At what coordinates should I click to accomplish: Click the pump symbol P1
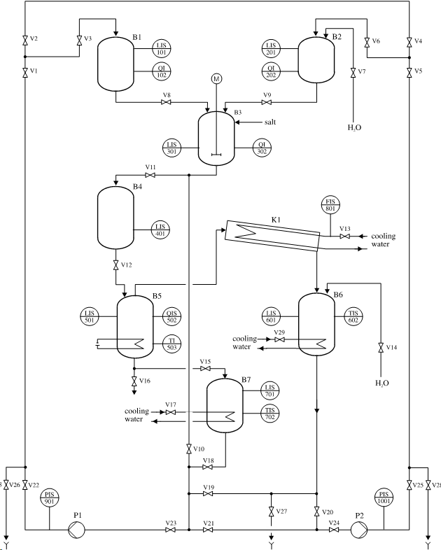click(x=76, y=530)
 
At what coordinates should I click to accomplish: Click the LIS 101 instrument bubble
click(x=162, y=48)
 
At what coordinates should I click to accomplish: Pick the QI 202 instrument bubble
click(x=271, y=71)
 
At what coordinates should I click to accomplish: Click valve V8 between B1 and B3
click(x=166, y=103)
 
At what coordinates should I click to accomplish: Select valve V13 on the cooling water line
click(x=344, y=237)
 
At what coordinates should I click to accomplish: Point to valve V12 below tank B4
click(x=115, y=266)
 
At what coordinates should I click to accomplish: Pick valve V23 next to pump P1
click(x=170, y=530)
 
